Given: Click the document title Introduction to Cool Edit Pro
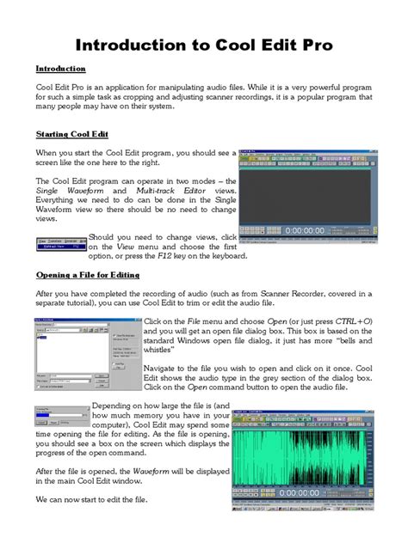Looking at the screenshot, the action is tap(203, 44).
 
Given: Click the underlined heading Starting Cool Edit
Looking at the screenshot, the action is tap(73, 135).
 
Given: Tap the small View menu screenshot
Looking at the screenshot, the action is tap(60, 245).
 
